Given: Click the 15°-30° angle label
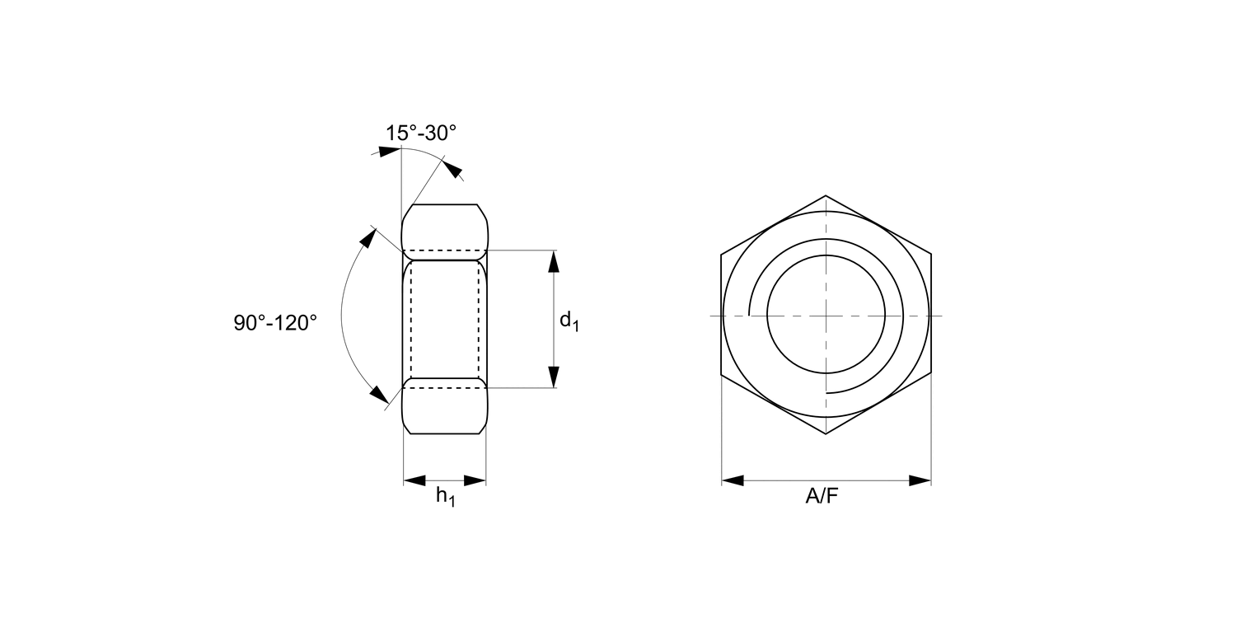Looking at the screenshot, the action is click(421, 133).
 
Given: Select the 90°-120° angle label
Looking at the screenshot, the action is click(275, 323).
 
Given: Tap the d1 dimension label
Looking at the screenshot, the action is click(569, 321).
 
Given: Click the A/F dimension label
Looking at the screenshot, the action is click(822, 497).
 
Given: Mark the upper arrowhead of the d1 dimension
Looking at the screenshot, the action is click(554, 261).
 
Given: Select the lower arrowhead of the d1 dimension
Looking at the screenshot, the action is click(554, 377).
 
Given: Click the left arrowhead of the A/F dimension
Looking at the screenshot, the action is click(733, 480).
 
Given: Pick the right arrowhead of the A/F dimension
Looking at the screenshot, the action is click(920, 480).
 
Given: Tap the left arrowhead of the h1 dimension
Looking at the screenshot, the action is click(415, 480).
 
